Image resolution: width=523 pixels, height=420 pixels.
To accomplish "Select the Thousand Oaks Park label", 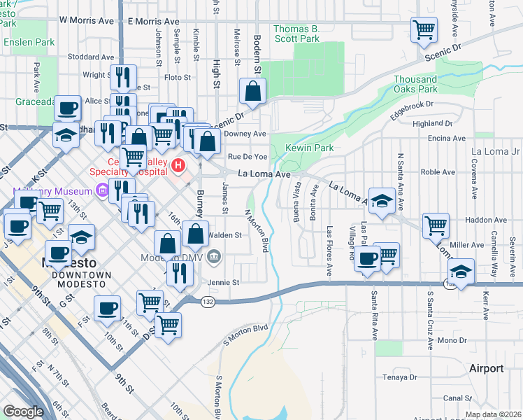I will coord(425,84).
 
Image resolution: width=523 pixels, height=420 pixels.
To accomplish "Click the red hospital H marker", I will coord(179,166).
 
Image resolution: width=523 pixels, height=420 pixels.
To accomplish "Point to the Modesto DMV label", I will coord(182,258).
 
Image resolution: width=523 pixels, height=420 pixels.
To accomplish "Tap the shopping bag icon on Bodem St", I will coord(252,91).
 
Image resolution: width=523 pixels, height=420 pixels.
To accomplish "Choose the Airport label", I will coord(486,368).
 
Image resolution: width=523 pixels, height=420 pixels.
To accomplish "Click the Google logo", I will coord(23,412).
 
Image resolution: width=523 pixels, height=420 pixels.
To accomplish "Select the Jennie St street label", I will coord(224,282).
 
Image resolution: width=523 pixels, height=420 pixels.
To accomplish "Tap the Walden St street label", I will coord(225,236).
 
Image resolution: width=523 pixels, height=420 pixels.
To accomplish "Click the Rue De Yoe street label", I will coord(247,156).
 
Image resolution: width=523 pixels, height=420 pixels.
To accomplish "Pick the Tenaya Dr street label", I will coord(401,378).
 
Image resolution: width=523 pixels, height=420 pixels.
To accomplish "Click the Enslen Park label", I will coord(29,42).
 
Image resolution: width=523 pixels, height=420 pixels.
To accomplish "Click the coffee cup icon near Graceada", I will coord(68,108).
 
